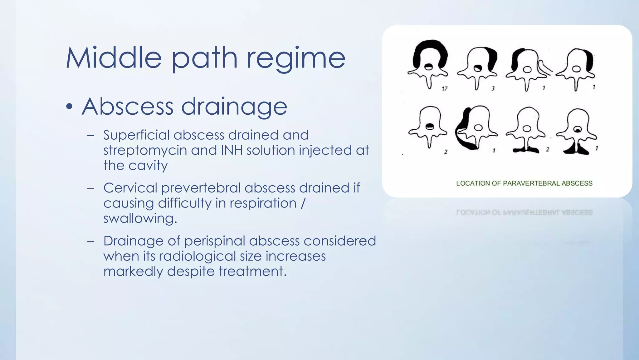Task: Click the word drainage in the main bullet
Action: (x=234, y=107)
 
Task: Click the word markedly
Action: (x=133, y=271)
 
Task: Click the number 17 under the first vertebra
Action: (x=444, y=89)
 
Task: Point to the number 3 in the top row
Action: (x=493, y=88)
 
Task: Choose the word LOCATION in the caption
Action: (x=473, y=183)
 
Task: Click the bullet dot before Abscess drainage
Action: (x=69, y=107)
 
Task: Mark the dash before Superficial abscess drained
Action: (x=91, y=136)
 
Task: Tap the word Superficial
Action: (x=137, y=135)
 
